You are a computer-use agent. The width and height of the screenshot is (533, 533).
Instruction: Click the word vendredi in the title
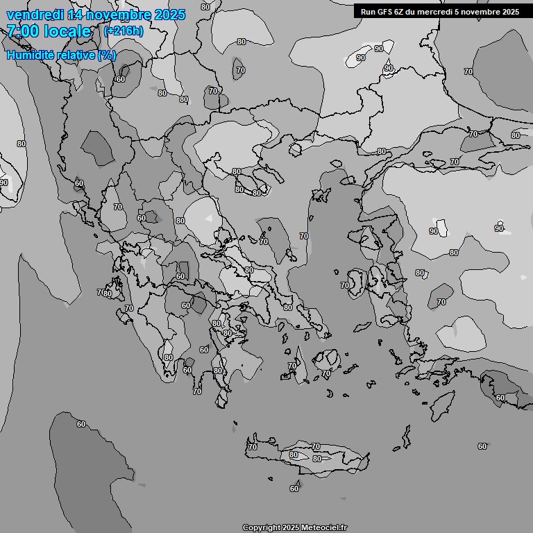pyautogui.click(x=35, y=15)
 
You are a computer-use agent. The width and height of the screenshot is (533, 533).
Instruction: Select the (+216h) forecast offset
pyautogui.click(x=124, y=31)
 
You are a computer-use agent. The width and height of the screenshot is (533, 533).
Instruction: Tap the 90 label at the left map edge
pyautogui.click(x=4, y=183)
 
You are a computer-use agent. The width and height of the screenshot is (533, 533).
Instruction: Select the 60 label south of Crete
pyautogui.click(x=294, y=489)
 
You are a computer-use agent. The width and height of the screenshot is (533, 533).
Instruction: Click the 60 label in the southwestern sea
pyautogui.click(x=81, y=424)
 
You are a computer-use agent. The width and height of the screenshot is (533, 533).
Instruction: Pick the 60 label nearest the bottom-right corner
pyautogui.click(x=482, y=446)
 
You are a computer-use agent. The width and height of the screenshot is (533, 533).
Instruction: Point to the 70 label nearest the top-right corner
pyautogui.click(x=468, y=71)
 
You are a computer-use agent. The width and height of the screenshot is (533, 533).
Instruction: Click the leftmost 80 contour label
pyautogui.click(x=22, y=144)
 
